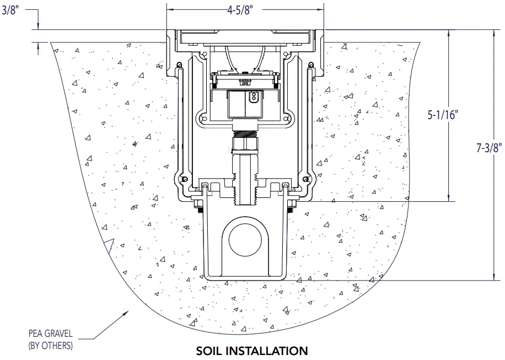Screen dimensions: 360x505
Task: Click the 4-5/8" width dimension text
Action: point(245,9)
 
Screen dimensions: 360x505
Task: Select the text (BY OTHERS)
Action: point(50,346)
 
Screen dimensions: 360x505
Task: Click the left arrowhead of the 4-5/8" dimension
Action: point(170,9)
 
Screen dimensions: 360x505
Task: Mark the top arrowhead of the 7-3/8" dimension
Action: point(493,33)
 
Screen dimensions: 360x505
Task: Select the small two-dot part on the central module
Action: point(253,98)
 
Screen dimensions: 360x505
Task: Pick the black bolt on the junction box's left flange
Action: point(197,208)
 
